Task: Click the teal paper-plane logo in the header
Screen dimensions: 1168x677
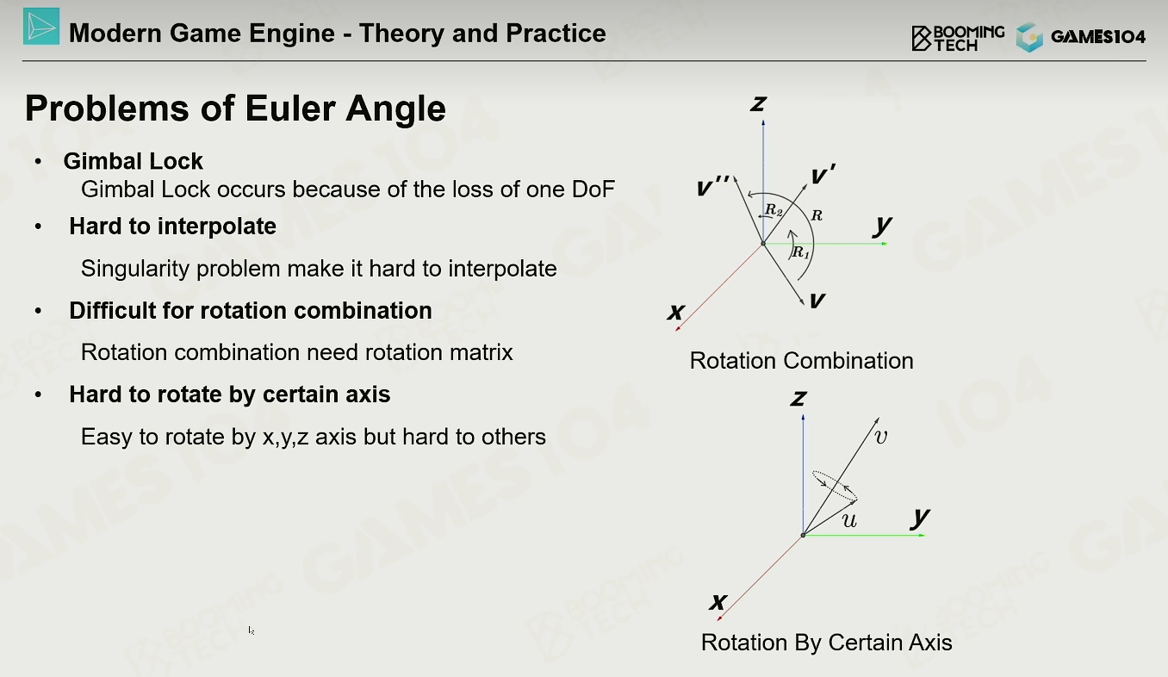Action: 41,26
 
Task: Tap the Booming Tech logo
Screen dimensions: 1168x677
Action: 958,38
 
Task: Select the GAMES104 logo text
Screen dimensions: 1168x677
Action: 1098,36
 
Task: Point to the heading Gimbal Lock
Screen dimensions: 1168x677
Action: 133,161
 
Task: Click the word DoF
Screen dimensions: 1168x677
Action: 593,189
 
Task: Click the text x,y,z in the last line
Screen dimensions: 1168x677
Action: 286,438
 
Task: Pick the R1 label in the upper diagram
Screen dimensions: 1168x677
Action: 801,253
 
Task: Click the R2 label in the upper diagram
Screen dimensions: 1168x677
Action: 773,210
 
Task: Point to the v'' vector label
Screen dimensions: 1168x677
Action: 713,186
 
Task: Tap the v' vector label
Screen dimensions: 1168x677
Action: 823,174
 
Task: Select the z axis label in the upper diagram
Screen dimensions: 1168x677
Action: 759,104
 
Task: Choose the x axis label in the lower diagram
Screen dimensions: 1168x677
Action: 718,602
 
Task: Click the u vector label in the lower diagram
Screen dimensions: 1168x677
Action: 849,520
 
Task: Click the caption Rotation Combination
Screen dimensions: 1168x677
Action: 801,361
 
